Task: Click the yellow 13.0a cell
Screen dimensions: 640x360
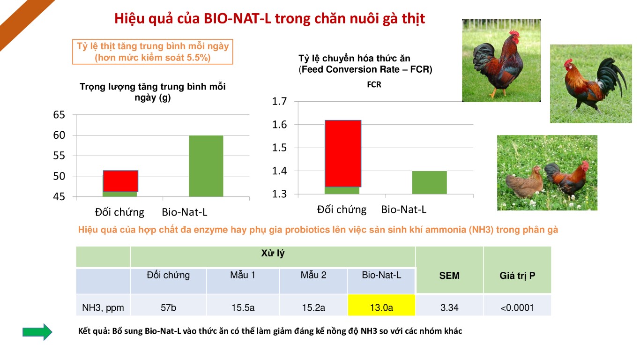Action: coord(381,305)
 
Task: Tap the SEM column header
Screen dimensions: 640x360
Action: coord(449,276)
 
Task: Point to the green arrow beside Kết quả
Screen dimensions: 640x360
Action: coord(37,332)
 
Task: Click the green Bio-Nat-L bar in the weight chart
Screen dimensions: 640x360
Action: coord(206,166)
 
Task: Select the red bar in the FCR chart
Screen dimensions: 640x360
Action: coord(343,154)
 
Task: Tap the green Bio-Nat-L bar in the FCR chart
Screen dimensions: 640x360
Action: coord(430,183)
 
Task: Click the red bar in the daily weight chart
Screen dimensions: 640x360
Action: coord(120,181)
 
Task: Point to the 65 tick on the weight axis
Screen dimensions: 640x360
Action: coord(59,115)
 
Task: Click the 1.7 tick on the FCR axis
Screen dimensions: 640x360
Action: coord(279,101)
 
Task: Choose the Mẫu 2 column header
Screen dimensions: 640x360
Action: coord(313,275)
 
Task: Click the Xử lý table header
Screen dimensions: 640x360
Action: coord(273,253)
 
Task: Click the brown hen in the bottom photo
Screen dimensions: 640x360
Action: coord(524,183)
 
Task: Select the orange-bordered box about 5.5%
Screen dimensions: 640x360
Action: coord(153,52)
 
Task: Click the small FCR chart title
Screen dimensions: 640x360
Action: coord(374,85)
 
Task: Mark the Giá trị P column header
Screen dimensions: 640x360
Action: coord(517,276)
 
